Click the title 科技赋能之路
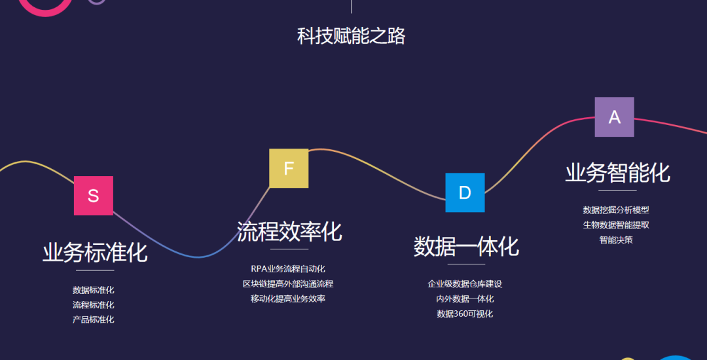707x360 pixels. pos(352,35)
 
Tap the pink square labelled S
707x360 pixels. pos(94,196)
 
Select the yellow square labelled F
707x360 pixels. pos(289,168)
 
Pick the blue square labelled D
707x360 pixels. pos(465,192)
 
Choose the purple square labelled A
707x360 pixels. pos(614,117)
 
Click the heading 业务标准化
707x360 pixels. pos(95,252)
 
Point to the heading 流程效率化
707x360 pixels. pos(289,231)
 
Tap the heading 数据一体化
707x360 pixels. pos(466,246)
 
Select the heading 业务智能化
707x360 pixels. pos(617,173)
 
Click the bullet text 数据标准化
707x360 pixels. pos(94,290)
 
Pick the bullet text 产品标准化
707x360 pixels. pos(94,319)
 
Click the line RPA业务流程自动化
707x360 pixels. pos(288,269)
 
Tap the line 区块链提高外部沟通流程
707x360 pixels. pos(288,284)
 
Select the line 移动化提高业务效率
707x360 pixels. pos(288,299)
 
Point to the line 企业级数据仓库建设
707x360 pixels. pos(465,284)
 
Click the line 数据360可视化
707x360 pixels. pos(465,314)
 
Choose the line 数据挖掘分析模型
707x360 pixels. pos(616,210)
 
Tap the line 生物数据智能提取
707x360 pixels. pos(616,225)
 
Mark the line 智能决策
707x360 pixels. pos(616,240)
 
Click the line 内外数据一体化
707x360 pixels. pos(465,299)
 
